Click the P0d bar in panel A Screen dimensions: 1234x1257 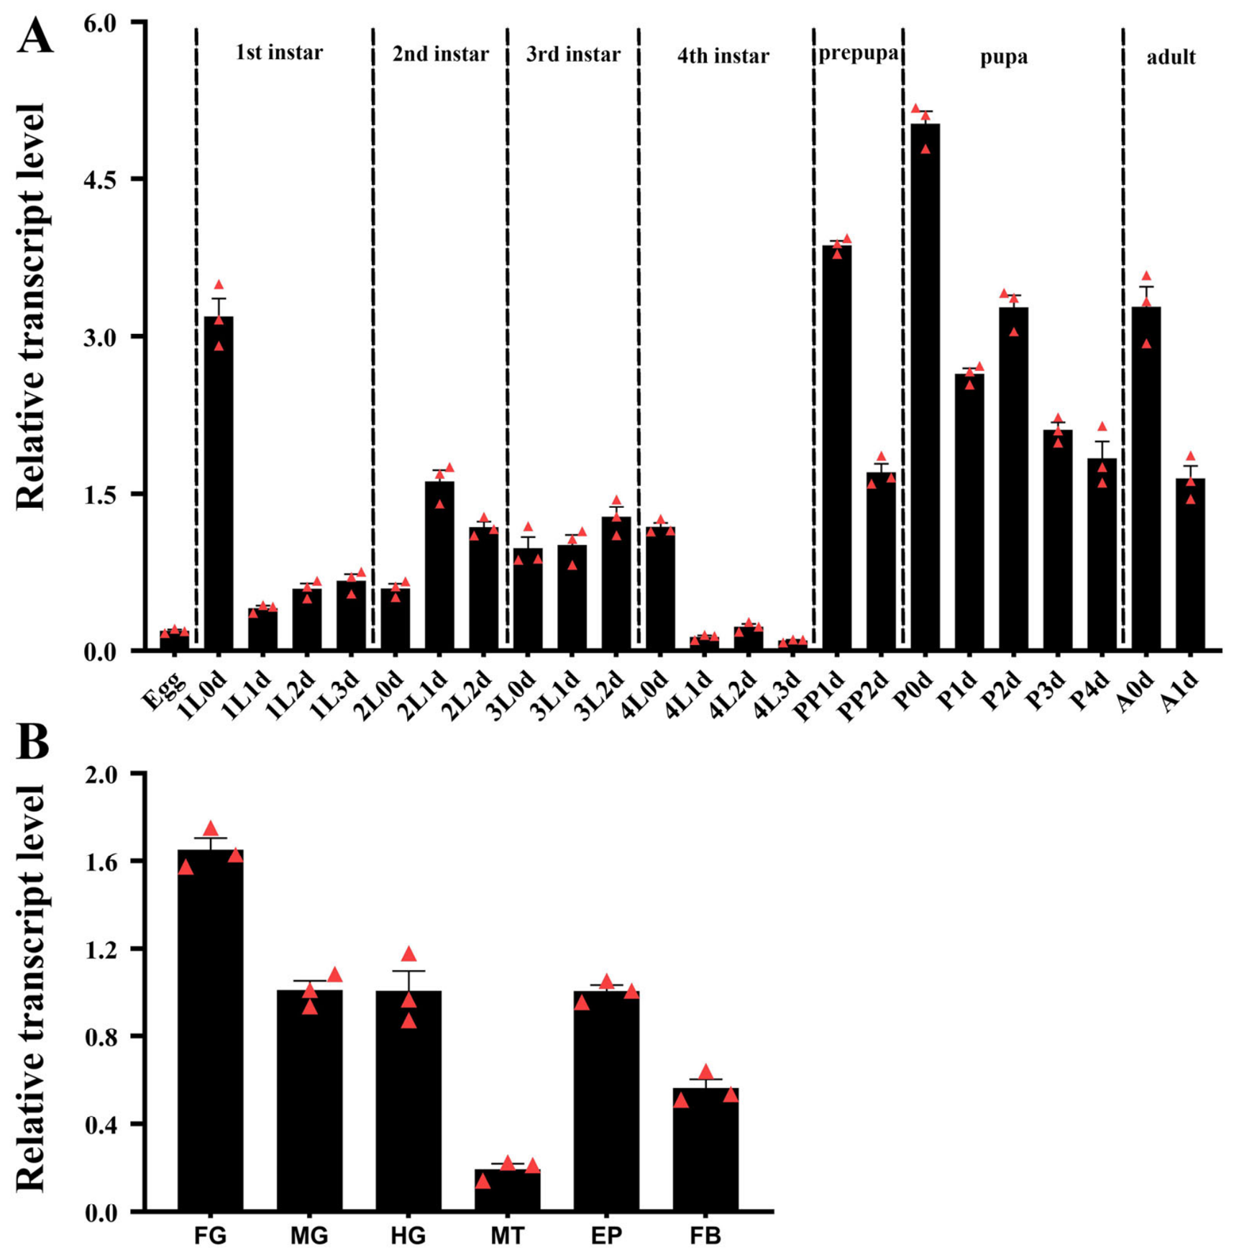click(925, 387)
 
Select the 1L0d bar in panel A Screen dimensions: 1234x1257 click(219, 483)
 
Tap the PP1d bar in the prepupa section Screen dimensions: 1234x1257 click(836, 448)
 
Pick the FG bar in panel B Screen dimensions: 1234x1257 click(210, 1030)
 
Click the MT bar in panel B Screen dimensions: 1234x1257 click(507, 1190)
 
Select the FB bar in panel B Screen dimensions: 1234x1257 click(705, 1150)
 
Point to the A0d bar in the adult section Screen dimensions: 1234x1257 click(1146, 479)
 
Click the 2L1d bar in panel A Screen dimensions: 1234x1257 click(439, 566)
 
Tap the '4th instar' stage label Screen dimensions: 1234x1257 click(723, 56)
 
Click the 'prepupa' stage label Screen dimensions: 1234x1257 click(858, 55)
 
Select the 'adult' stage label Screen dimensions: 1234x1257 click(1171, 57)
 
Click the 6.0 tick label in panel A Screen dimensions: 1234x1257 click(100, 23)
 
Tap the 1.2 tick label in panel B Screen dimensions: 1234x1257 click(100, 949)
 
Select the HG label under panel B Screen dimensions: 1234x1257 click(408, 1235)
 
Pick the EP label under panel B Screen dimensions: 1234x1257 click(606, 1235)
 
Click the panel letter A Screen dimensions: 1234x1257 click(35, 36)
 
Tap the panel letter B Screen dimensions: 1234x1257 click(32, 741)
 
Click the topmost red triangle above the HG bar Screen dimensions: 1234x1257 click(408, 954)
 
